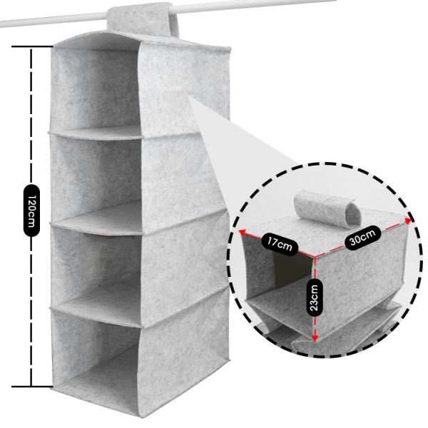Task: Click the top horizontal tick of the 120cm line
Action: coord(31,48)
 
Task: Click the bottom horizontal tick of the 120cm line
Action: coord(31,387)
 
